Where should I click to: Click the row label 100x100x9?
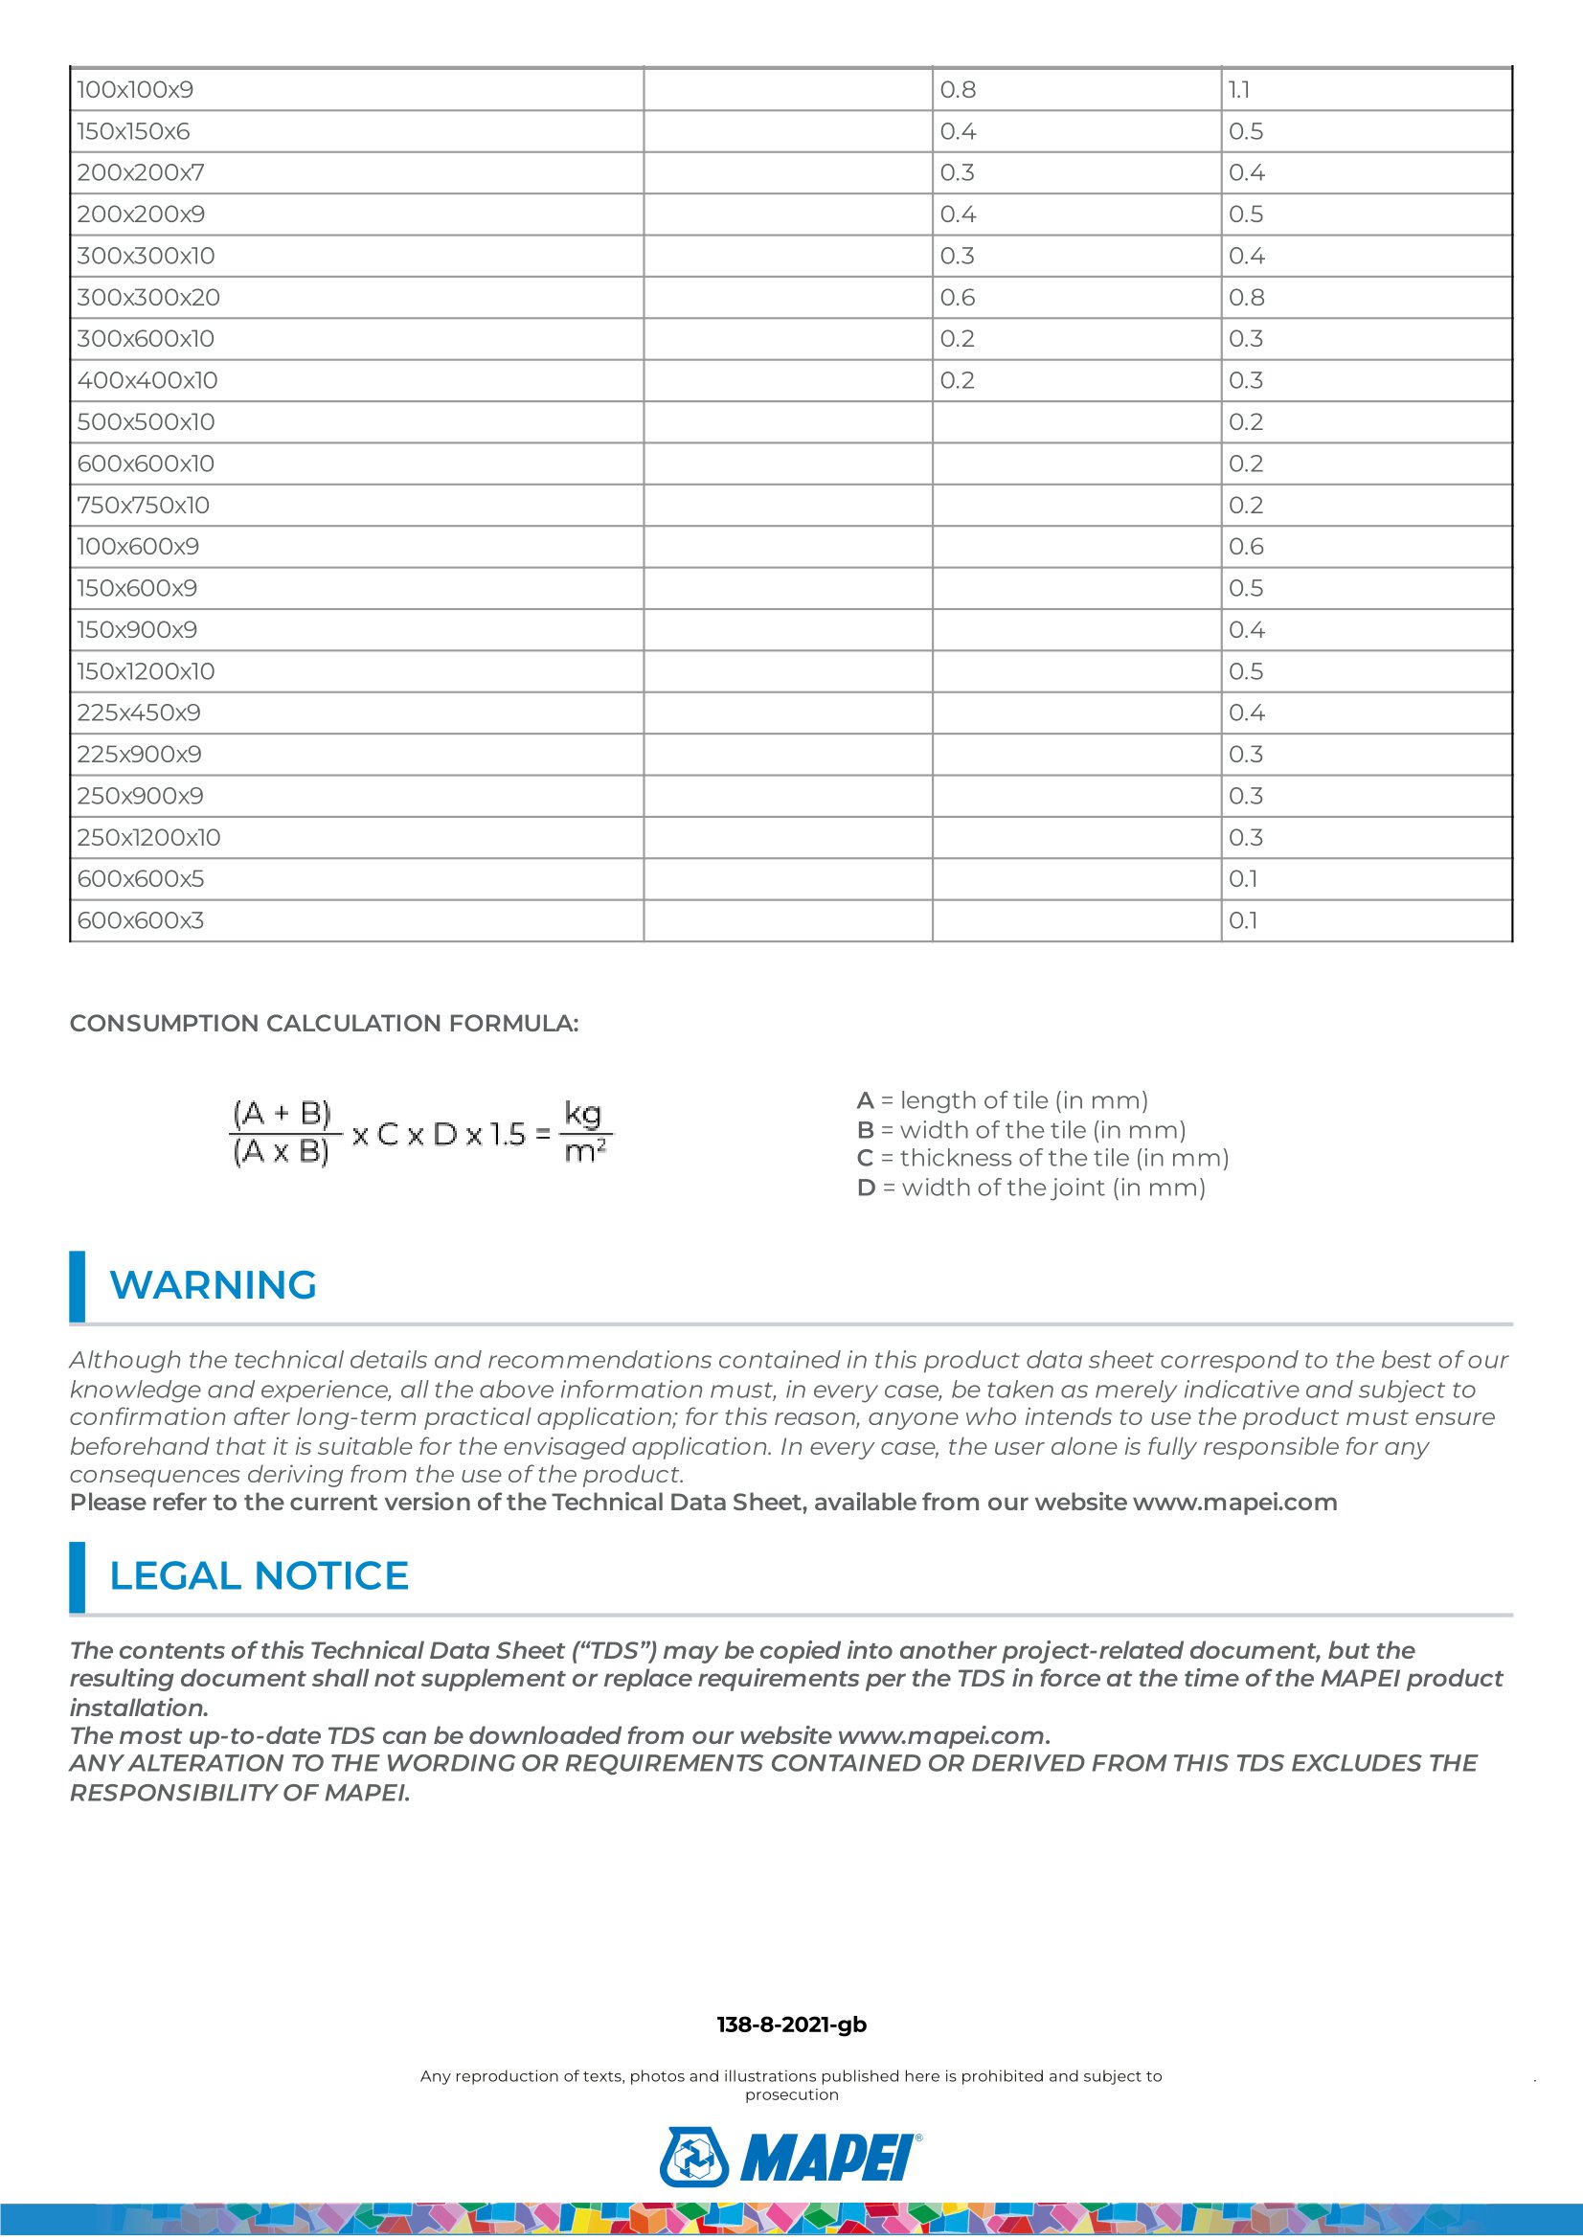(135, 90)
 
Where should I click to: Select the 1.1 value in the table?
(1238, 90)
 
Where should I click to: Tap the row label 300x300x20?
(148, 298)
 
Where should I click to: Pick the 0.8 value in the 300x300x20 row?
(1247, 298)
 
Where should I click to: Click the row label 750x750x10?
(144, 506)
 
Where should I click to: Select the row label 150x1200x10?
(147, 671)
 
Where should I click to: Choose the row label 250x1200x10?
(149, 838)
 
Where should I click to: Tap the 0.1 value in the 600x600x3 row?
(1243, 921)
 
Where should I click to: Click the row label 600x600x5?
(141, 879)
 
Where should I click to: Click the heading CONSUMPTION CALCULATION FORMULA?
(324, 1024)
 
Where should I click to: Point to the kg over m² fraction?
(585, 1133)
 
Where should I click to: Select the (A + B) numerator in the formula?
(282, 1113)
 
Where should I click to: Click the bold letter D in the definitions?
(865, 1188)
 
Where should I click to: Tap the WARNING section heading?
(213, 1286)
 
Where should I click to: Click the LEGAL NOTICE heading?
(259, 1576)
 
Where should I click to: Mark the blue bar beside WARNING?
(77, 1286)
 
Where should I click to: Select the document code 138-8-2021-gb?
(791, 2025)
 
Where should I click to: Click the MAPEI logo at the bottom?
(791, 2157)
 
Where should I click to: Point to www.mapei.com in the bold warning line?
(1234, 1503)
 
